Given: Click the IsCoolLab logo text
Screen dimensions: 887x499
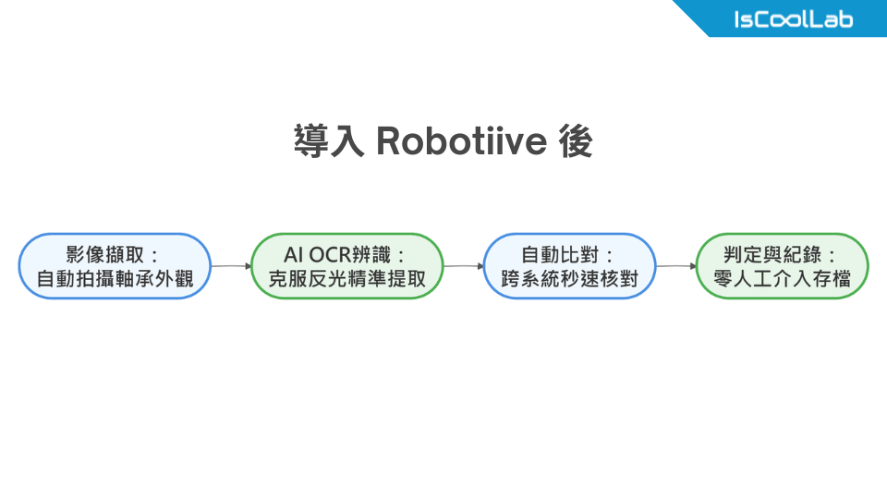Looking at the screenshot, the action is [793, 19].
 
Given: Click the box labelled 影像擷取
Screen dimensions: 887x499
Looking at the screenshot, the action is [115, 266].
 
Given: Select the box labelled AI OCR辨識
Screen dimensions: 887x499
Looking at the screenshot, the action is [347, 266].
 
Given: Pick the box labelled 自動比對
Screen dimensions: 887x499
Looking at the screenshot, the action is [570, 266].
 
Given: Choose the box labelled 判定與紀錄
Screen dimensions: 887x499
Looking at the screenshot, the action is [783, 266].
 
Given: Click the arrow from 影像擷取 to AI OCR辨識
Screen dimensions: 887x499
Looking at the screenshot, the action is [231, 266].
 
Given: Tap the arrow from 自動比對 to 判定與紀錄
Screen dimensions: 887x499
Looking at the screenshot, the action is [675, 266].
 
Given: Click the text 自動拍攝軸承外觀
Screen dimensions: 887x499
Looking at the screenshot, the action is [115, 278].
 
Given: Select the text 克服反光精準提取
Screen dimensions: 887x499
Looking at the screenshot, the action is [347, 278].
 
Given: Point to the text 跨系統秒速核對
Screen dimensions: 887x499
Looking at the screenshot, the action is [570, 278].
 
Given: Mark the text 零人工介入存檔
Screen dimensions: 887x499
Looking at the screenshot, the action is [783, 278].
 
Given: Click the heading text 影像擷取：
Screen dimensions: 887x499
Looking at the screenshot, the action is [115, 254].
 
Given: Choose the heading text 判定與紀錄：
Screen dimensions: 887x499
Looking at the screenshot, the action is [783, 254].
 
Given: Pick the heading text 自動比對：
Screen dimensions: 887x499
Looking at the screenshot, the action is [570, 254].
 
